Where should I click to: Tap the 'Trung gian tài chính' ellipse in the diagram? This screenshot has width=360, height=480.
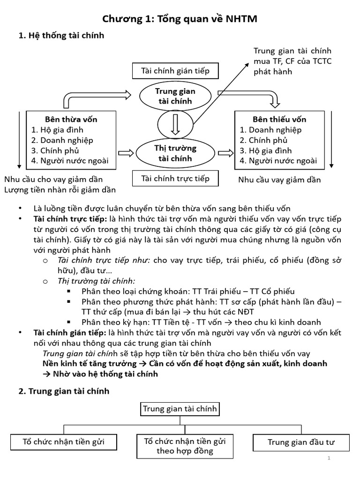175,96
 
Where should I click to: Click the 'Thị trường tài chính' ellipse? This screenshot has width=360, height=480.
175,153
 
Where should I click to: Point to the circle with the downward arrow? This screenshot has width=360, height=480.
175,125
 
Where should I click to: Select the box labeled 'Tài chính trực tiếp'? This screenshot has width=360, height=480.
175,179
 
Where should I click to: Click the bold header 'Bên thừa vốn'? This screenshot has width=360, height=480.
71,120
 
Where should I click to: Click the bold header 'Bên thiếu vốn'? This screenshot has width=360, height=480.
279,120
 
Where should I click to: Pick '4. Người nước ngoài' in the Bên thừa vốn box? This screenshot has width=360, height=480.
69,161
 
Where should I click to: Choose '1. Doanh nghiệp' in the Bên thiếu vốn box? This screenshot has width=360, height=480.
270,130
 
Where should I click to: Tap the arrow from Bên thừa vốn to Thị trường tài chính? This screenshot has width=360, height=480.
126,153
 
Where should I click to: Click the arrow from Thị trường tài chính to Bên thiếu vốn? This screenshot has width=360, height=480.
225,153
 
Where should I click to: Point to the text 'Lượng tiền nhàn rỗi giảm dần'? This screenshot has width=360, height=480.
60,189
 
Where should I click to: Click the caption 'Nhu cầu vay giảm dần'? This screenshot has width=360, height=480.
279,180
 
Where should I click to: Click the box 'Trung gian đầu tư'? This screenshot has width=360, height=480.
301,442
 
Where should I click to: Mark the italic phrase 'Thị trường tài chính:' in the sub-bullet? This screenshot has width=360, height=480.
96,281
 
